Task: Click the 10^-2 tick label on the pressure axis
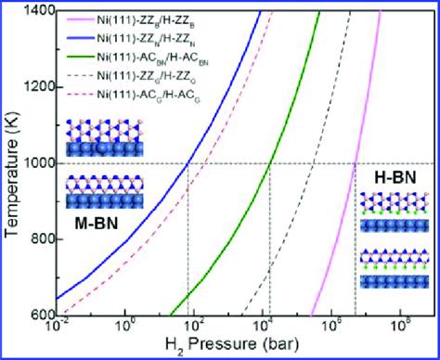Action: click(x=58, y=328)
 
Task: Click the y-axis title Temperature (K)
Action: click(x=11, y=162)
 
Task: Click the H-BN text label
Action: click(x=392, y=176)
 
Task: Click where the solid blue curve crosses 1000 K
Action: click(x=188, y=162)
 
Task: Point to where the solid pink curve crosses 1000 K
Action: click(x=356, y=162)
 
